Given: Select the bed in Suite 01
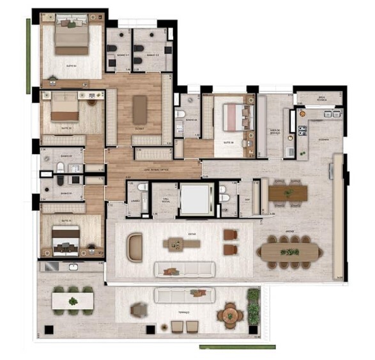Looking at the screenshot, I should pyautogui.click(x=66, y=243).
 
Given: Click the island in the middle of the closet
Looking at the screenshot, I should pyautogui.click(x=139, y=109).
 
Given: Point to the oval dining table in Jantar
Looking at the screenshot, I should pyautogui.click(x=290, y=251).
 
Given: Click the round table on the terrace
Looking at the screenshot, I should pyautogui.click(x=229, y=315).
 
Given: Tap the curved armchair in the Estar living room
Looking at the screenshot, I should pyautogui.click(x=135, y=247).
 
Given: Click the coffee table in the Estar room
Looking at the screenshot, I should pyautogui.click(x=181, y=244).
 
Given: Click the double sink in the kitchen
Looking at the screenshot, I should pyautogui.click(x=332, y=114).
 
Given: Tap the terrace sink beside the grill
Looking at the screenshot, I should pyautogui.click(x=74, y=266).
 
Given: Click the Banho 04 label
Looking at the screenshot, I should pyautogui.click(x=190, y=120).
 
